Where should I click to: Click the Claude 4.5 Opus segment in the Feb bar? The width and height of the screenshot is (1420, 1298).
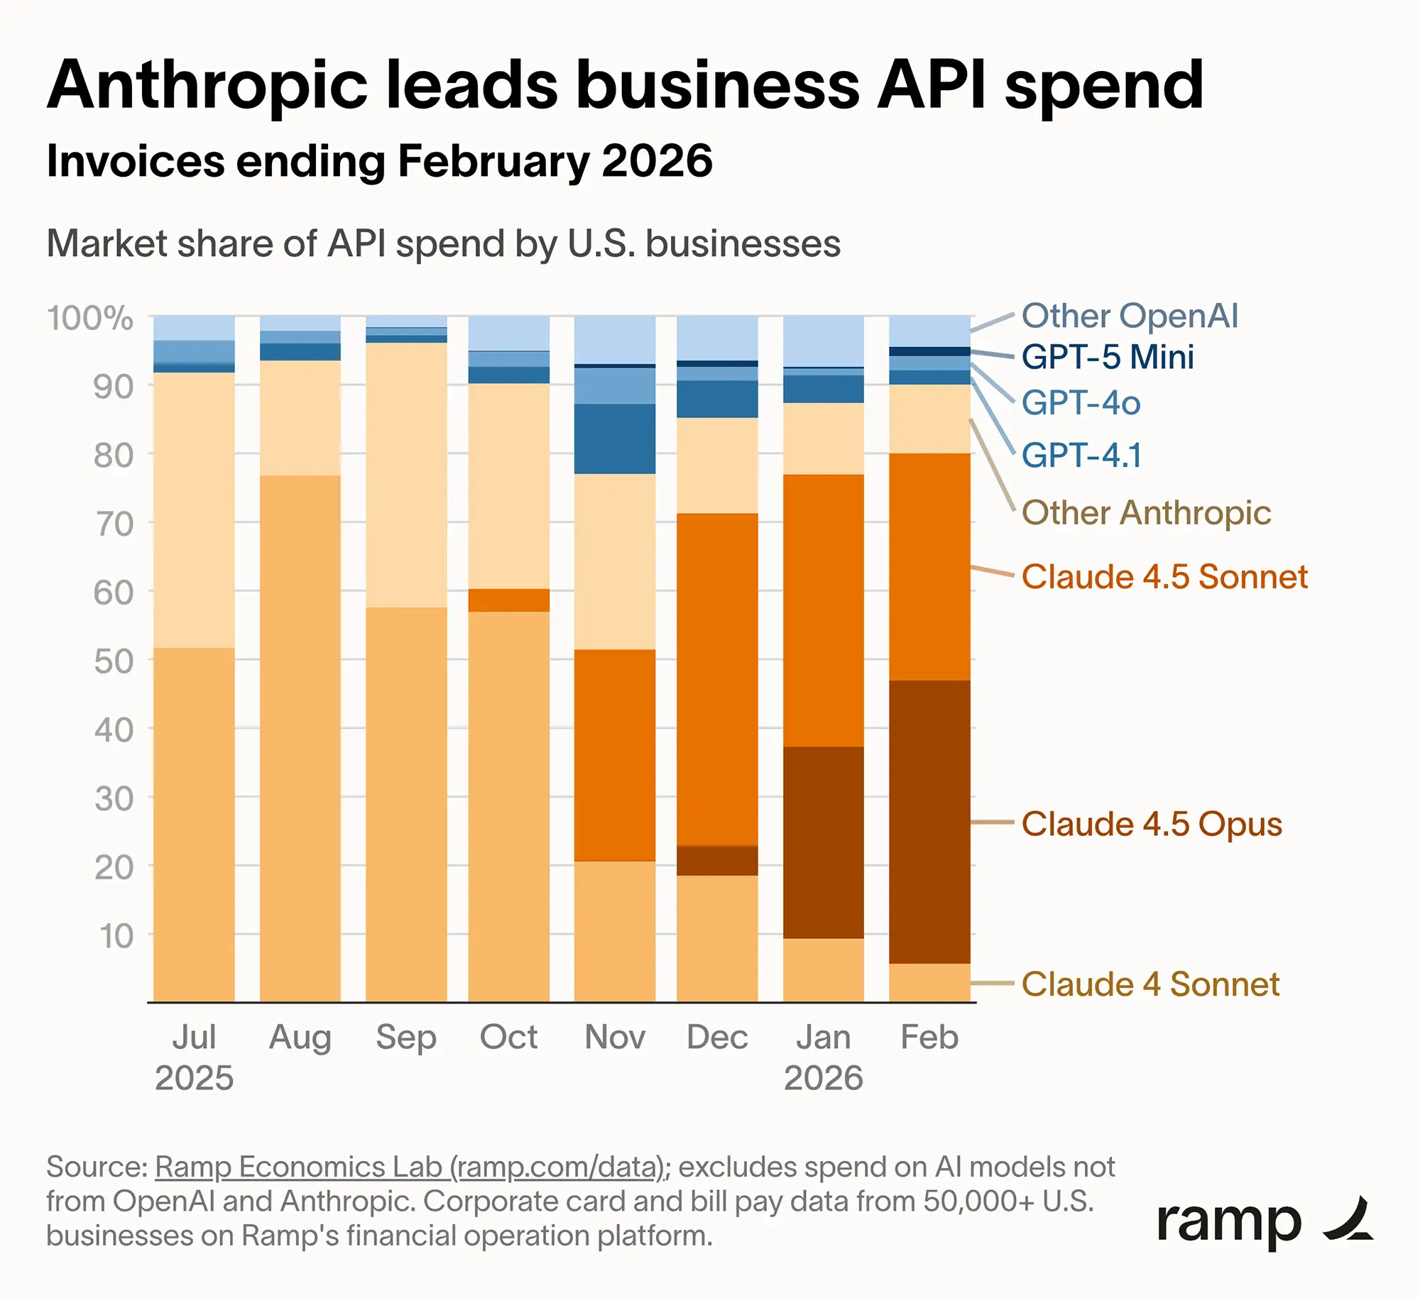pos(929,821)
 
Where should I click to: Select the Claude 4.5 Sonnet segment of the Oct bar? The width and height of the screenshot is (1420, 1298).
pos(508,600)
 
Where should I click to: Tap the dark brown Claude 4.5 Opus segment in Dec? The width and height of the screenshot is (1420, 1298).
pos(717,860)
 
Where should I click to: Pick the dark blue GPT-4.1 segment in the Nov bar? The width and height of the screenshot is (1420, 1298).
pos(614,439)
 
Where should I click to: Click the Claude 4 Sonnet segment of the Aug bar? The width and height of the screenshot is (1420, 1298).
pos(300,738)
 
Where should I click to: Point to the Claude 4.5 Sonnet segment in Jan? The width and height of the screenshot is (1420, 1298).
pos(823,610)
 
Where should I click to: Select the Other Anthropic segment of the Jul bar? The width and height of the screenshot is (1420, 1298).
pos(194,510)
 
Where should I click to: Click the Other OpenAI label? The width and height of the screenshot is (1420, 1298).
pos(1129,316)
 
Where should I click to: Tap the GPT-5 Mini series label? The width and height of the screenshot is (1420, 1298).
pos(1107,357)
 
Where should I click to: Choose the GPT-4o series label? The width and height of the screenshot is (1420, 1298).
pos(1081,403)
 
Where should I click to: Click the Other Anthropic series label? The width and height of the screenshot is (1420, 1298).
pos(1145,512)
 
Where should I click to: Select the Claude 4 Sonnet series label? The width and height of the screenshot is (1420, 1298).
pos(1149,984)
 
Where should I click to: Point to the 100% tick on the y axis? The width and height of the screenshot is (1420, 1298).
pos(90,318)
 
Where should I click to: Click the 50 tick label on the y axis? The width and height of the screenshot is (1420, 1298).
pos(114,661)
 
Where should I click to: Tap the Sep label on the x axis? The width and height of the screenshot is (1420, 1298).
pos(405,1037)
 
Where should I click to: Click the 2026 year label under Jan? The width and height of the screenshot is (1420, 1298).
pos(823,1078)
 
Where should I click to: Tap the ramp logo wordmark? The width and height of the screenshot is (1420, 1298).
pos(1228,1222)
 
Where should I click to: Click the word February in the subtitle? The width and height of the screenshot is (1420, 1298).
pos(493,161)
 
